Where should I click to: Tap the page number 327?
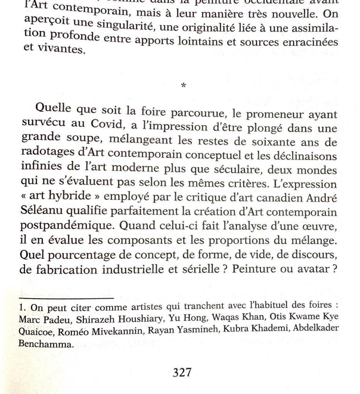[182, 372]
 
